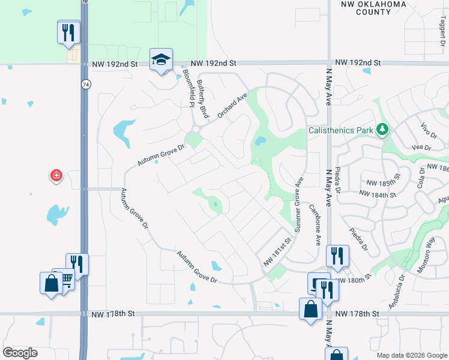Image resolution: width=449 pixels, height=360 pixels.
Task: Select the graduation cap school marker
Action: [x=161, y=59]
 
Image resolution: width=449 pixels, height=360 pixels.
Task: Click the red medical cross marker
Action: [x=56, y=175]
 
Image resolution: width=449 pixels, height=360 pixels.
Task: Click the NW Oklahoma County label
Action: [x=381, y=8]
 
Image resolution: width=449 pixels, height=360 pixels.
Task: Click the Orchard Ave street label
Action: [x=233, y=104]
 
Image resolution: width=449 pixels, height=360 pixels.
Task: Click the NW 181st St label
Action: [x=277, y=253]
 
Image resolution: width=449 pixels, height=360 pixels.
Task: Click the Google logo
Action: [x=20, y=352]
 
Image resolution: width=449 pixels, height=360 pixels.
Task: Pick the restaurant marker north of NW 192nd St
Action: [x=69, y=32]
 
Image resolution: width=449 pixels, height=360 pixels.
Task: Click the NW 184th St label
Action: [x=379, y=193]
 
